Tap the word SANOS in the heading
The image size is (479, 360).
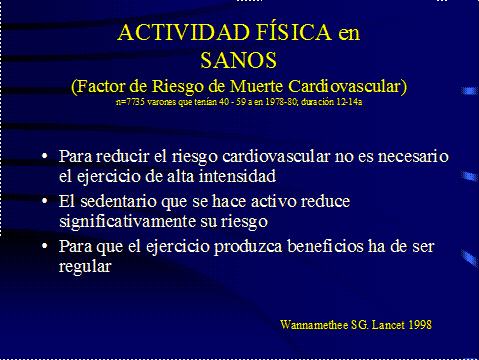tap(239, 61)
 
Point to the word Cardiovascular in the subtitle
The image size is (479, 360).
tap(349, 87)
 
